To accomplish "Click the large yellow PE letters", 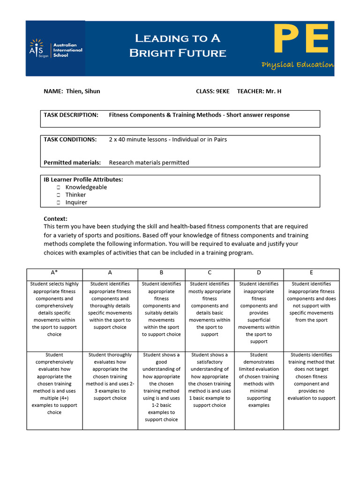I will [x=300, y=41].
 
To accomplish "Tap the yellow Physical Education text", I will [x=298, y=65].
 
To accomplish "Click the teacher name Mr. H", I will [x=273, y=91].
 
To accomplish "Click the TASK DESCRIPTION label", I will [x=71, y=115].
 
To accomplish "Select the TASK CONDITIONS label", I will [x=70, y=139].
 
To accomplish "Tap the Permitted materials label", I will [x=72, y=163].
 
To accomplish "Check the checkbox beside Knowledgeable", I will [x=59, y=187].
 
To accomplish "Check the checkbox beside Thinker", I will [x=59, y=195].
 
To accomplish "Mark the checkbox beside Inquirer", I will [x=59, y=202].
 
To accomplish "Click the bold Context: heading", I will [x=55, y=219].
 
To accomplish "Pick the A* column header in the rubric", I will [x=54, y=273].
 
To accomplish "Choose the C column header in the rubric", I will [x=210, y=273].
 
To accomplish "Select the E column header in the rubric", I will [x=311, y=273].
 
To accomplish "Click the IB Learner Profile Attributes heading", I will [x=83, y=180].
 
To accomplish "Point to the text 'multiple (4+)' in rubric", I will [x=54, y=398].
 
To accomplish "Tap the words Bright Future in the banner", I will [x=178, y=53].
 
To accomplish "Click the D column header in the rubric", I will [x=259, y=273].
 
